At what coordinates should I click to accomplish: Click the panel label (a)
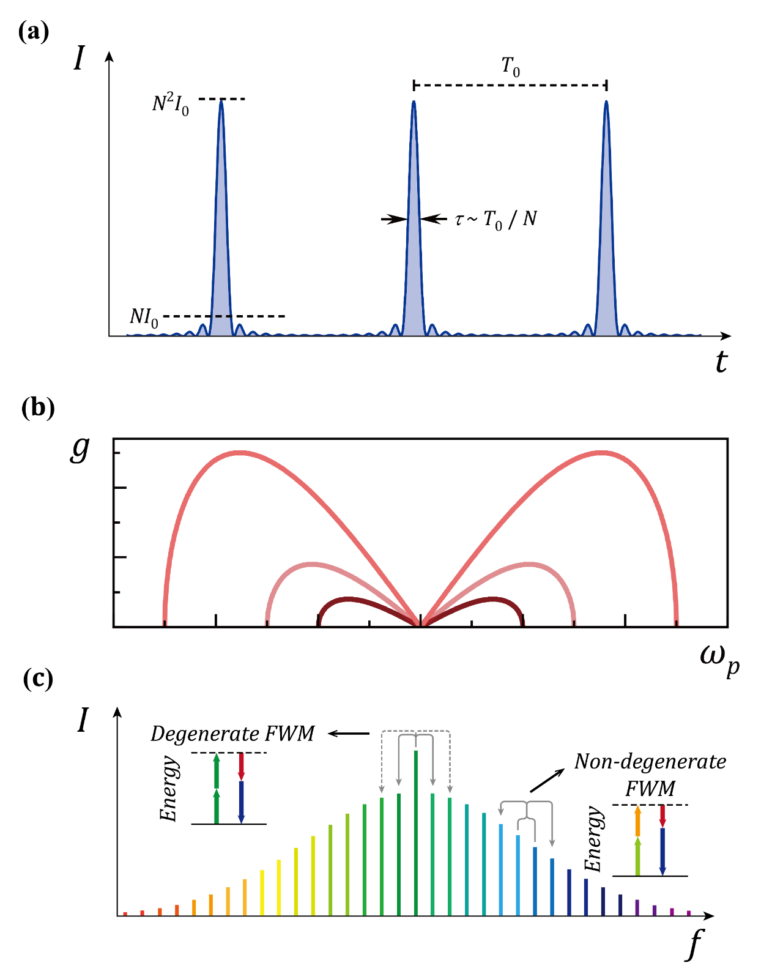tap(34, 31)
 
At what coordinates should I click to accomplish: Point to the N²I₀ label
tap(171, 105)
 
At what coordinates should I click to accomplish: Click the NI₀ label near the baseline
tap(144, 317)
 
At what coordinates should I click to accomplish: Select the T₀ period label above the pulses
tap(511, 67)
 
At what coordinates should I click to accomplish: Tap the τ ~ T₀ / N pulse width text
tap(495, 219)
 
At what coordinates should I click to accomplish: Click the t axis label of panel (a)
tap(722, 362)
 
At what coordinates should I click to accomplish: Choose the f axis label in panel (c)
tap(694, 943)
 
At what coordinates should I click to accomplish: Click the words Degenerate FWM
tap(232, 734)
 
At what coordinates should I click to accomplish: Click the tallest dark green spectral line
tap(416, 832)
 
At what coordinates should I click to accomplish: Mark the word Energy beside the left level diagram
tap(169, 789)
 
